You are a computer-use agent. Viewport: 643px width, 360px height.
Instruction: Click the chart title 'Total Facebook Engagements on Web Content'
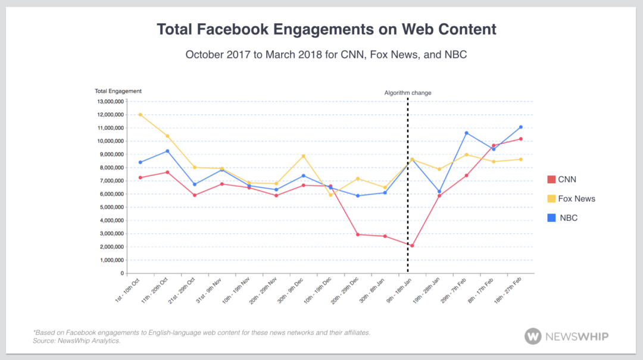click(x=326, y=29)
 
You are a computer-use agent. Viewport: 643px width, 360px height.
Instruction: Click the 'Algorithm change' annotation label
click(x=407, y=93)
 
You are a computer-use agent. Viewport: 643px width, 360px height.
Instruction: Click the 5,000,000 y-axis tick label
click(x=109, y=207)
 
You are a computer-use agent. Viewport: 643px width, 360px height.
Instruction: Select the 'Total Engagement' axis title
click(x=118, y=91)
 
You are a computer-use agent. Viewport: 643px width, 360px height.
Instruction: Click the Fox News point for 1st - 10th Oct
click(x=140, y=114)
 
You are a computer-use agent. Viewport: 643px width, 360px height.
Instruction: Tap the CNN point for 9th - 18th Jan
click(x=412, y=246)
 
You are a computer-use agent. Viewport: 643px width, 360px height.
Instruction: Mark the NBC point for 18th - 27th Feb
click(x=521, y=127)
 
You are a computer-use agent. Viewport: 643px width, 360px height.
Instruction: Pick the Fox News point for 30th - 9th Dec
click(x=304, y=156)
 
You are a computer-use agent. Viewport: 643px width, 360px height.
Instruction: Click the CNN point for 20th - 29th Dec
click(x=358, y=234)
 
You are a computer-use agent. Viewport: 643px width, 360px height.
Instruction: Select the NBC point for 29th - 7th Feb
click(x=466, y=133)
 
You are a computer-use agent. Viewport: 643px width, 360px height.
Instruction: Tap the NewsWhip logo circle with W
click(x=533, y=336)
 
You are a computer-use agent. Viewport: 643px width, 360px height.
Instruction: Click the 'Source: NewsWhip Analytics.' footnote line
click(x=76, y=340)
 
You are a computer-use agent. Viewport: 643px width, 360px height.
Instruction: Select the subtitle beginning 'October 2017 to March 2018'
click(x=326, y=55)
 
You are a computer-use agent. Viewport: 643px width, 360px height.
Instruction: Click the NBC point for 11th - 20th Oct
click(x=167, y=151)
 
